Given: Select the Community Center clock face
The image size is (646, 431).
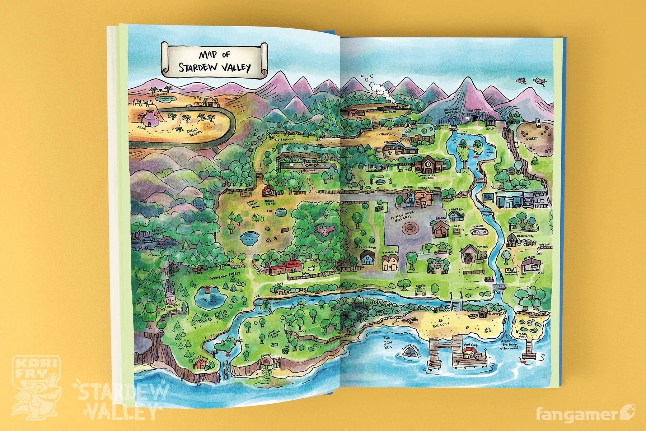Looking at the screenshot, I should tap(429, 163).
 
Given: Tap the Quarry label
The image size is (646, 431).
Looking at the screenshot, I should tap(532, 138).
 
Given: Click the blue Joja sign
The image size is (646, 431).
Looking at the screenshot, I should tap(487, 197).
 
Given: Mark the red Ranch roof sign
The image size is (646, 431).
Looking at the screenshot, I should tap(292, 264).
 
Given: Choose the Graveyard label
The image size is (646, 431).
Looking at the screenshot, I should tap(438, 266).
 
